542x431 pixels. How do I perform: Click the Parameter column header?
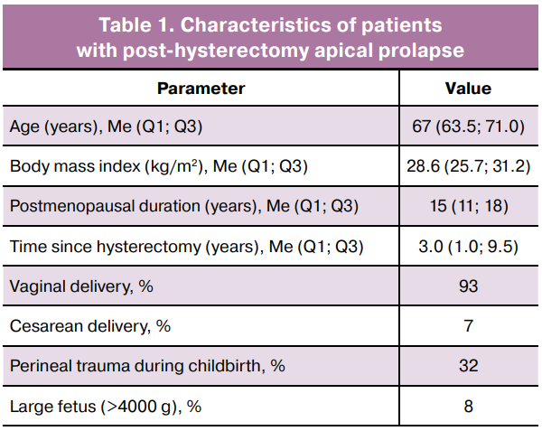201,89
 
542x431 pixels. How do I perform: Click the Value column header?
468,89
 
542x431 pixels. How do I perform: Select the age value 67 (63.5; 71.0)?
468,126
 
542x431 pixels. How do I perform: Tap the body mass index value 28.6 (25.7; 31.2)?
468,166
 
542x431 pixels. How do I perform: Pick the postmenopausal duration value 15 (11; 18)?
469,206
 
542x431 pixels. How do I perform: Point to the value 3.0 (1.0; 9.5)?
468,247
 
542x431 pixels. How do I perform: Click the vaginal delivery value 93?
468,286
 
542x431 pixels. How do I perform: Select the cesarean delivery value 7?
468,326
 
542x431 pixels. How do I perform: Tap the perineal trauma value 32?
468,366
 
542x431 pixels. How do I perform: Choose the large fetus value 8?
468,406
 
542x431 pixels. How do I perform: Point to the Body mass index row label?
159,166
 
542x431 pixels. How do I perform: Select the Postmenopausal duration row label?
184,206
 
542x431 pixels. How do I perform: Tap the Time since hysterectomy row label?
187,247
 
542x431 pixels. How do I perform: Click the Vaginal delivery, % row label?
81,286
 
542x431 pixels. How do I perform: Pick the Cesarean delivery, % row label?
90,326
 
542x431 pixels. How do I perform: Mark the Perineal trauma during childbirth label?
147,366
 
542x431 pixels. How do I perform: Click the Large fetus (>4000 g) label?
106,407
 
